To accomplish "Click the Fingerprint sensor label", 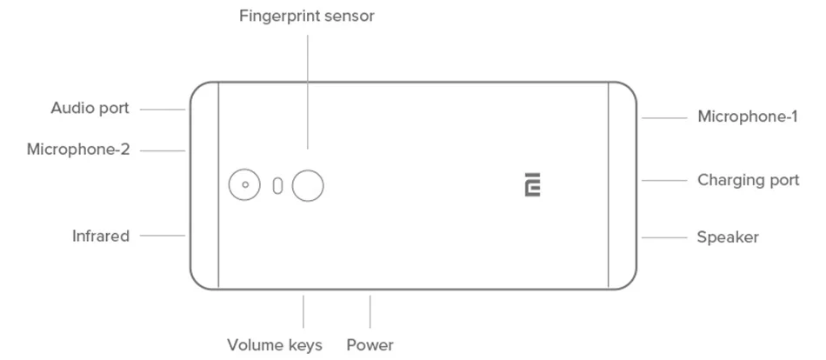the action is pyautogui.click(x=307, y=16).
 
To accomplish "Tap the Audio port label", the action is pyautogui.click(x=90, y=109).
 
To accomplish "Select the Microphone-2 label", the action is pyautogui.click(x=78, y=150).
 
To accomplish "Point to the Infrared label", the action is pyautogui.click(x=101, y=236).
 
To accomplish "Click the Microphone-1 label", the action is pyautogui.click(x=747, y=117).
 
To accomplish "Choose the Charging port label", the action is pyautogui.click(x=748, y=181).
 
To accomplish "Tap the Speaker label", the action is pyautogui.click(x=728, y=237).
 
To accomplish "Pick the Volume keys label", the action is pyautogui.click(x=275, y=345).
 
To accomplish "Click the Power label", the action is pyautogui.click(x=370, y=345).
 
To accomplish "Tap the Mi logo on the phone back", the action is pyautogui.click(x=533, y=184).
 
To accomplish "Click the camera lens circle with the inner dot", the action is pyautogui.click(x=245, y=184).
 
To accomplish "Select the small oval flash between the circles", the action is pyautogui.click(x=277, y=185).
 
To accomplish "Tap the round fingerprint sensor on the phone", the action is pyautogui.click(x=308, y=184).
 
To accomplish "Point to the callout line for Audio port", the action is pyautogui.click(x=163, y=110).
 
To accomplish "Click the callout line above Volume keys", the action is pyautogui.click(x=303, y=311).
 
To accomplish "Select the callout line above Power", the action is pyautogui.click(x=370, y=311).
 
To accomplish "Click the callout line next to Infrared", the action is pyautogui.click(x=163, y=236).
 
